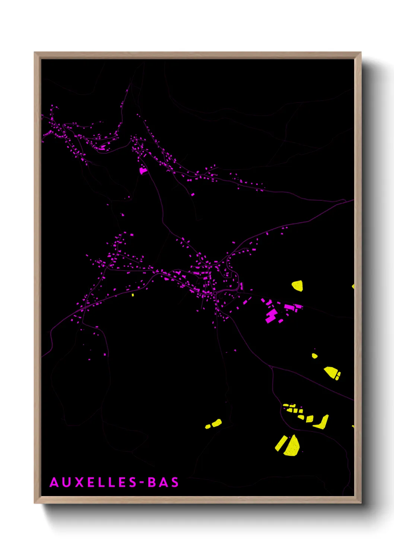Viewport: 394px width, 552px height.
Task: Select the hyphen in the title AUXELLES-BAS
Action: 142,483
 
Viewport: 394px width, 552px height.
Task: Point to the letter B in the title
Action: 152,482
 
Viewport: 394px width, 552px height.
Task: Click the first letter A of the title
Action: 54,482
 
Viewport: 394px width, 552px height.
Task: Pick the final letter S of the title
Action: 175,482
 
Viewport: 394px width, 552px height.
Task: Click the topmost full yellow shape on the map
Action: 297,286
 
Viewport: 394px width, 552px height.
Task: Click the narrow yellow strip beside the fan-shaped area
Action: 280,443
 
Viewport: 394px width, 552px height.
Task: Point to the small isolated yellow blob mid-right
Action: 314,356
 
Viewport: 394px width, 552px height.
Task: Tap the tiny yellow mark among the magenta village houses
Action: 133,295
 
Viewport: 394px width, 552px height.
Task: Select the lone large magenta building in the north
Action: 143,170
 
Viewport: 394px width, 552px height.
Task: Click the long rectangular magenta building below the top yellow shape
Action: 289,307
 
